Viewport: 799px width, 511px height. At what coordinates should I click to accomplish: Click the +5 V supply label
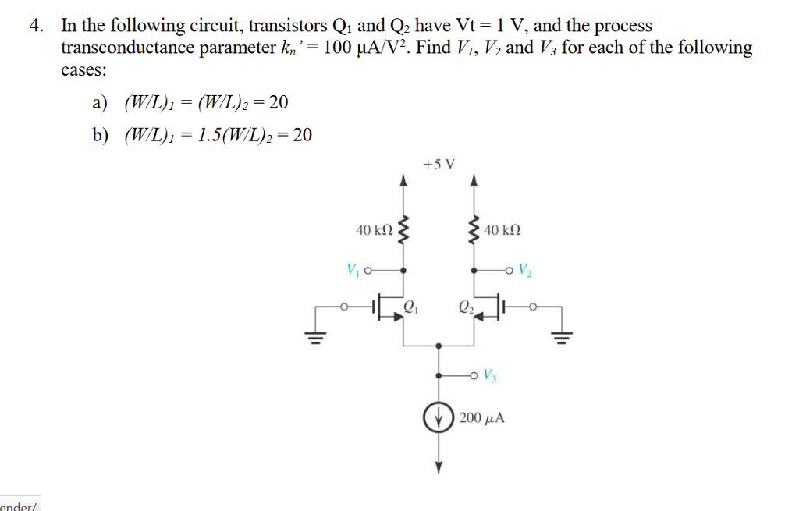438,165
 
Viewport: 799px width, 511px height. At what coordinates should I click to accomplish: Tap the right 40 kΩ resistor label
501,230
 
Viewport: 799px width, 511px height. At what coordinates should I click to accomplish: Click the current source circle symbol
438,417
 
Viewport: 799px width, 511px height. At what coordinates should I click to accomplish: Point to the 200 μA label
482,418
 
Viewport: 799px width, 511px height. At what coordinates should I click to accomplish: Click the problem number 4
35,26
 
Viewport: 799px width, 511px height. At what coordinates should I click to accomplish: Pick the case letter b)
100,135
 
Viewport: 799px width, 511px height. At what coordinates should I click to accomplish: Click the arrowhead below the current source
438,467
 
